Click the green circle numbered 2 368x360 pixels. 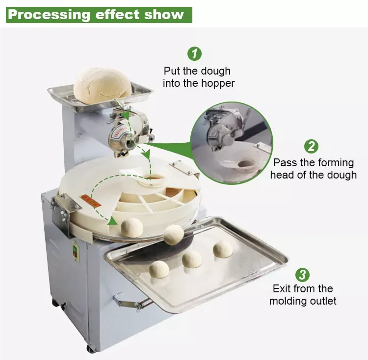(x=312, y=146)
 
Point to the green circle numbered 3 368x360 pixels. (x=302, y=274)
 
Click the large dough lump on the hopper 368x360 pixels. (x=103, y=86)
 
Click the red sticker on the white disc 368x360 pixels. (x=90, y=200)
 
